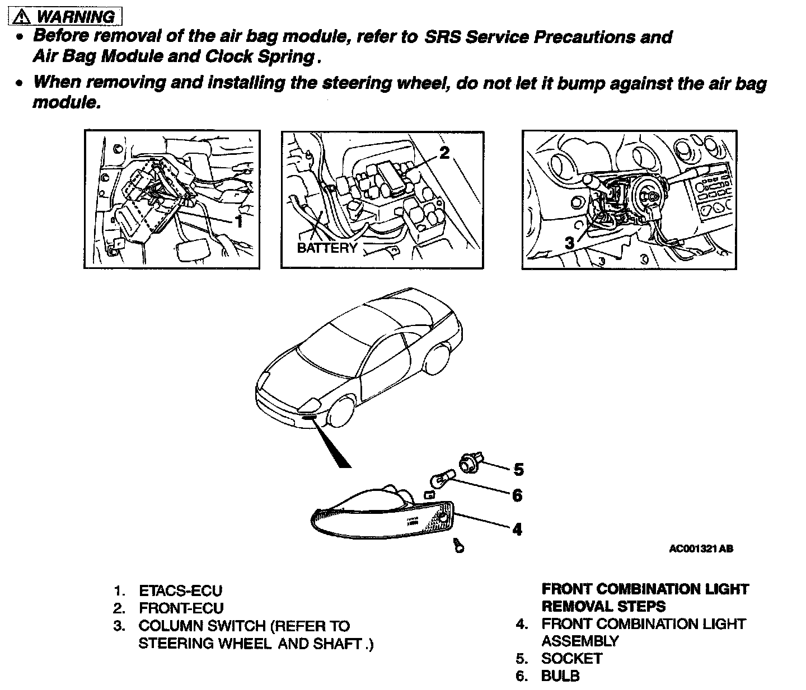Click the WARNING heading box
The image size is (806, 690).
tap(65, 17)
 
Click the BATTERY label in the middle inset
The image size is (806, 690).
tap(327, 248)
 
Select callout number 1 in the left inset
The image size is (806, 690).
tap(239, 221)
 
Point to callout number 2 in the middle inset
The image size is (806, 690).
tap(444, 153)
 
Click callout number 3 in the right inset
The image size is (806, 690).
tap(569, 243)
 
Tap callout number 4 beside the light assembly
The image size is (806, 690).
tap(517, 528)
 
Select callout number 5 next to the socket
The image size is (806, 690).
tap(518, 470)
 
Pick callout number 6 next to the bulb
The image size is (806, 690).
tap(517, 495)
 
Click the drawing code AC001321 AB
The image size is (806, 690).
tap(701, 549)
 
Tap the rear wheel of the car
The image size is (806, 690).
tap(439, 359)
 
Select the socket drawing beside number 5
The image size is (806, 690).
tap(467, 462)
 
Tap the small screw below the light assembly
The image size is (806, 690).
tap(459, 546)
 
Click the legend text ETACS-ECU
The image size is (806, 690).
tap(180, 590)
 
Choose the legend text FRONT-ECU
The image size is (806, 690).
tap(181, 608)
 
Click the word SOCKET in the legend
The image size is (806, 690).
tap(571, 658)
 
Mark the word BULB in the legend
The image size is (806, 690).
tap(560, 675)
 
